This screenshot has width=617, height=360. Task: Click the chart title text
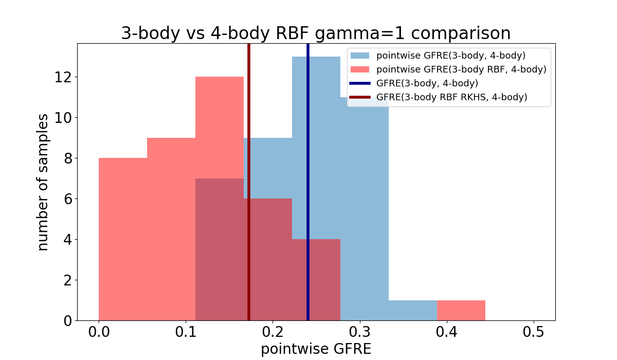[x=316, y=33]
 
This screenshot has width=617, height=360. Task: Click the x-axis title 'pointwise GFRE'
[x=316, y=349]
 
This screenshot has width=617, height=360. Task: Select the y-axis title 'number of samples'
[x=43, y=182]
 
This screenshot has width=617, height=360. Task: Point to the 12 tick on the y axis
[x=64, y=77]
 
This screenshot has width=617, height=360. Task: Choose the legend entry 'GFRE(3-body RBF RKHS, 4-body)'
[x=451, y=97]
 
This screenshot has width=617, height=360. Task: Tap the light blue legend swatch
[x=360, y=56]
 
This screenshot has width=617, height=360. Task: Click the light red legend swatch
[x=360, y=69]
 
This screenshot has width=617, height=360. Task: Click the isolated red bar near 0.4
[x=461, y=310]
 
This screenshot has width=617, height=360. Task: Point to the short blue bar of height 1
[x=412, y=310]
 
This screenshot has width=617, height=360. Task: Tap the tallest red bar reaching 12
[x=220, y=129]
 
